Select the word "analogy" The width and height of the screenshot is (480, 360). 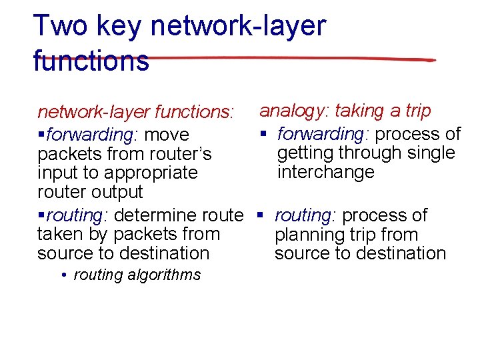[293, 111]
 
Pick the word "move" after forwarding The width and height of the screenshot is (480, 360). [167, 135]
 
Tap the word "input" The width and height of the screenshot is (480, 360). [57, 173]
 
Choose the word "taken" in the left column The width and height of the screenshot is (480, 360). [58, 234]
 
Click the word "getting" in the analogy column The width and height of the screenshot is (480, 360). [305, 153]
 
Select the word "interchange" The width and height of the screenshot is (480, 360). [326, 172]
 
